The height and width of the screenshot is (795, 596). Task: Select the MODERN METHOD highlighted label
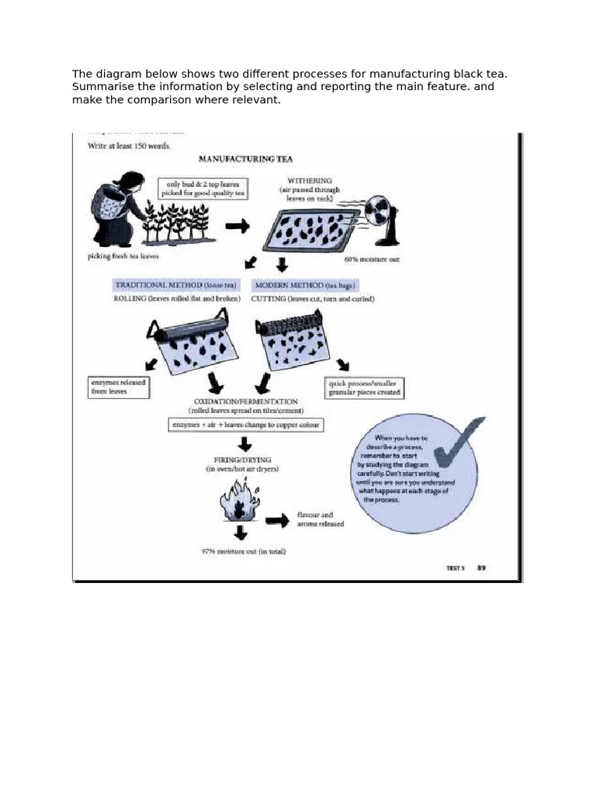point(306,285)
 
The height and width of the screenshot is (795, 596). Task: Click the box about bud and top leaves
point(203,189)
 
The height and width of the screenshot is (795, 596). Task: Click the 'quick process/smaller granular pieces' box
point(364,387)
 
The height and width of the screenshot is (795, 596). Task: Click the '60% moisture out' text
point(372,259)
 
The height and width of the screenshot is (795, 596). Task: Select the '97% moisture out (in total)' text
point(243,551)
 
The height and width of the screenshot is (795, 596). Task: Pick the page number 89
point(481,568)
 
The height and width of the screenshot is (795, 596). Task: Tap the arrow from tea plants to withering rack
point(237,226)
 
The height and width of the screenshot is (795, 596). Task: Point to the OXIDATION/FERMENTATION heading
point(245,401)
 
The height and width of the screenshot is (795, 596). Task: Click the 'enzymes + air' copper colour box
point(244,425)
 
